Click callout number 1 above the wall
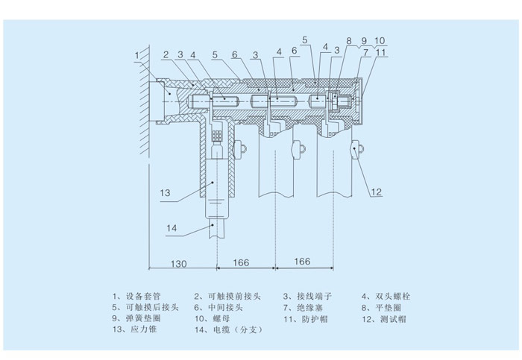pyautogui.click(x=137, y=54)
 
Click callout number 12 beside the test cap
pyautogui.click(x=377, y=192)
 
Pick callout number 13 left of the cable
pyautogui.click(x=165, y=192)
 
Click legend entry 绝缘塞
pyautogui.click(x=309, y=307)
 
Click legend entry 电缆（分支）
pyautogui.click(x=233, y=329)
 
